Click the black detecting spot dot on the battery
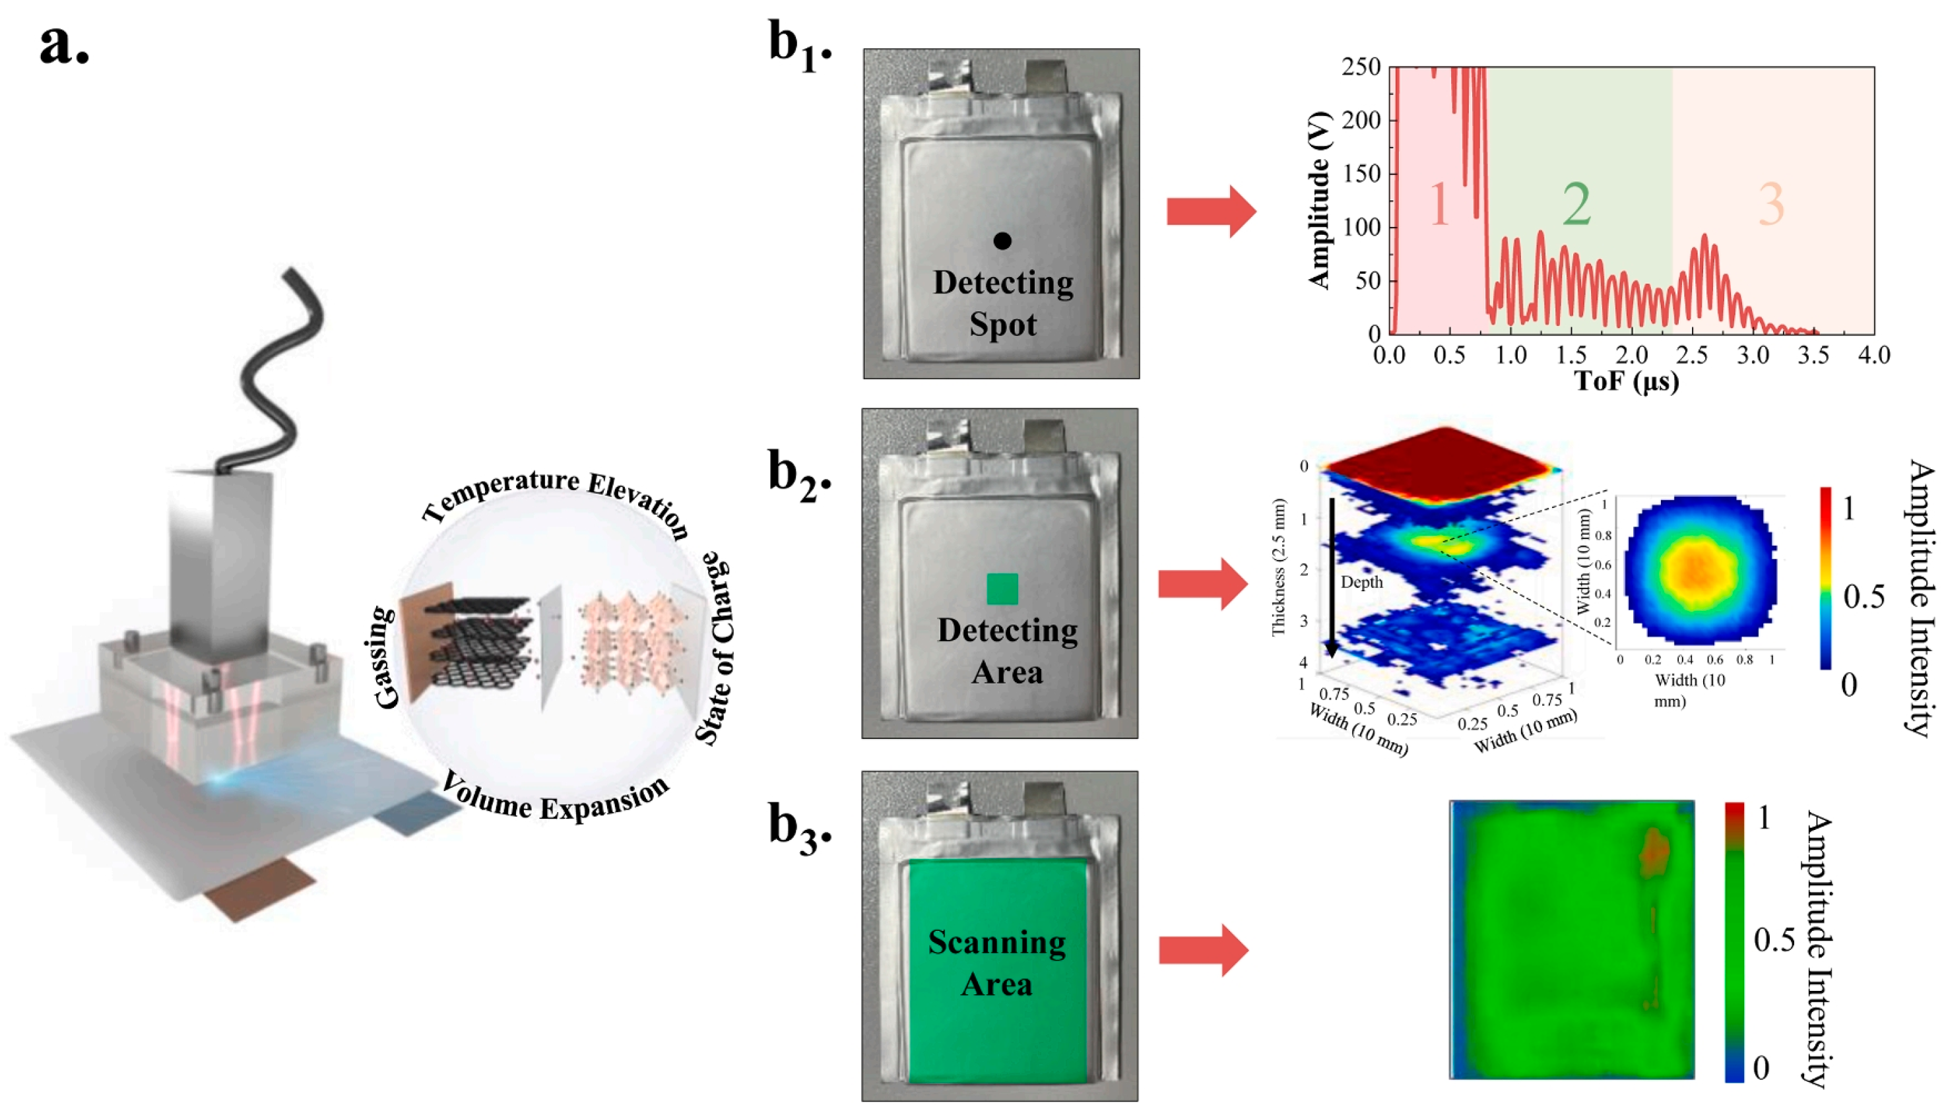coord(1002,241)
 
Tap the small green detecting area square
coord(1002,589)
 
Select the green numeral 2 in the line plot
coord(1576,205)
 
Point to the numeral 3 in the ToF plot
coord(1771,205)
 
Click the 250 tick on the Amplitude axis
coord(1361,67)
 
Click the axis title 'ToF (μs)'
coord(1627,381)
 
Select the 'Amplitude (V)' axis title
coord(1319,200)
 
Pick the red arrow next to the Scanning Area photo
coord(1203,950)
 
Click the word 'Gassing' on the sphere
coord(385,657)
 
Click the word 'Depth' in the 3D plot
coord(1361,582)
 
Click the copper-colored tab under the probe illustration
coord(259,888)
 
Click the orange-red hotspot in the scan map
coord(1654,851)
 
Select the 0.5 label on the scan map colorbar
coord(1774,941)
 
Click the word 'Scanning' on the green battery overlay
coord(996,943)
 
